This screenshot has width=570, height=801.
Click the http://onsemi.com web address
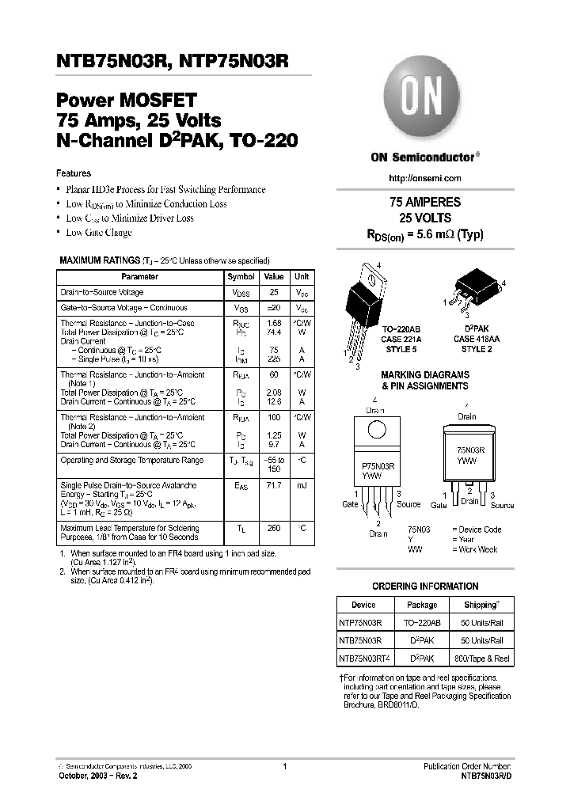tap(426, 178)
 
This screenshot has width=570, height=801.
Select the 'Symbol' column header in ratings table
tap(241, 277)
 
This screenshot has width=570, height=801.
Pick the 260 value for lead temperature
tap(273, 528)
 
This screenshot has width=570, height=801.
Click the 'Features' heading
tap(74, 173)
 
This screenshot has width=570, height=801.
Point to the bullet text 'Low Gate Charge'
tap(99, 233)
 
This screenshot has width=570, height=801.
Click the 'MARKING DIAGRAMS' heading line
tap(424, 375)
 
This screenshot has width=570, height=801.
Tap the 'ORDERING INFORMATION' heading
tap(425, 587)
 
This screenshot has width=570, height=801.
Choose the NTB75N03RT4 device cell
tap(364, 659)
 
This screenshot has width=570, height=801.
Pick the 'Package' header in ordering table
tap(421, 605)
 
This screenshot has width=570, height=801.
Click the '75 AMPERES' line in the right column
tap(425, 203)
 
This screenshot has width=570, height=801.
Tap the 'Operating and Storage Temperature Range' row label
tap(132, 460)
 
